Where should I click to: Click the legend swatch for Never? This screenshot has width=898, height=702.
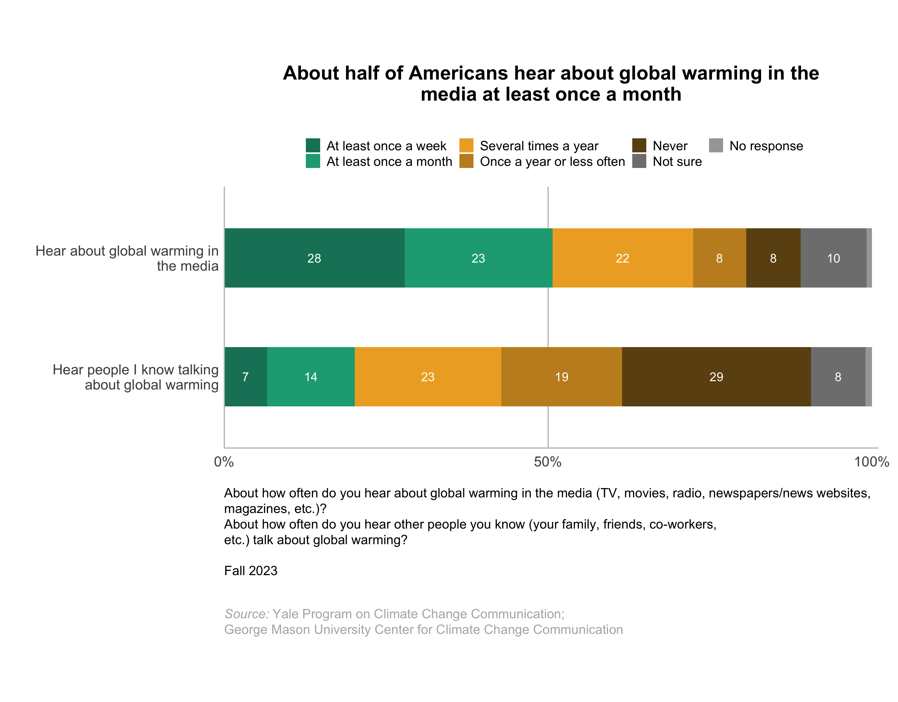click(639, 146)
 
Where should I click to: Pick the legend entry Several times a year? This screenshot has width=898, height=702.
click(539, 146)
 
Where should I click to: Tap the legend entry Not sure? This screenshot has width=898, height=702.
click(677, 161)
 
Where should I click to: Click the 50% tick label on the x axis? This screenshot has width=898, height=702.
click(548, 462)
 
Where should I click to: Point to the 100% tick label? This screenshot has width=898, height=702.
click(871, 462)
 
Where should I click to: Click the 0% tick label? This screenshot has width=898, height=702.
click(224, 462)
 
